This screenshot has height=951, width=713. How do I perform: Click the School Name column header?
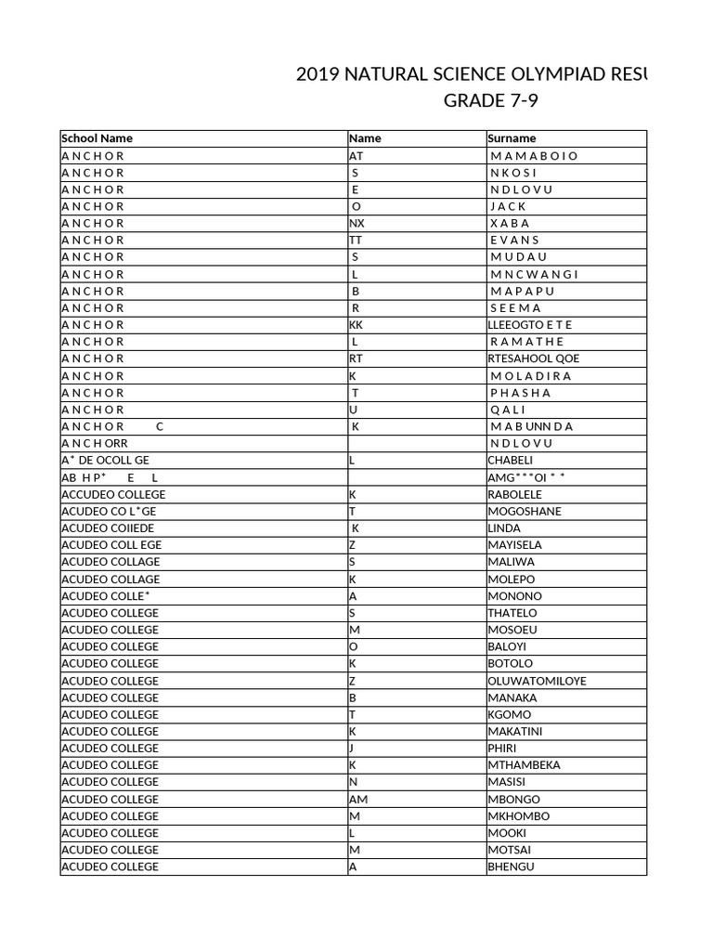[x=97, y=138]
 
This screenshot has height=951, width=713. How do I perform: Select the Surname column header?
[x=512, y=138]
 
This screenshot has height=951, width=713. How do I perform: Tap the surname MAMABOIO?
[x=533, y=156]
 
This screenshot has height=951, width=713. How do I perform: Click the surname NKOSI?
[x=513, y=173]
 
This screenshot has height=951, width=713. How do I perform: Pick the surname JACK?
[x=508, y=206]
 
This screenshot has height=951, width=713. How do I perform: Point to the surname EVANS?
[x=514, y=240]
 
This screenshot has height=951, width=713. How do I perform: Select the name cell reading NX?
[x=357, y=223]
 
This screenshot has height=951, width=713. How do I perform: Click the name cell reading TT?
[x=356, y=240]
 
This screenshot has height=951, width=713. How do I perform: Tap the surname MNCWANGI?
[x=534, y=274]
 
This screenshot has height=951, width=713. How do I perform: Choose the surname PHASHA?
[x=520, y=393]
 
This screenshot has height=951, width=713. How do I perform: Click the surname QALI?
[x=508, y=410]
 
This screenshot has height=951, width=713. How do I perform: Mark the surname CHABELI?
[x=511, y=461]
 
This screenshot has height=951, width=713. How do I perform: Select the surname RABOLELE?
[x=514, y=494]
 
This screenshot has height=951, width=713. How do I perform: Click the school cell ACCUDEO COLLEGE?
[x=113, y=494]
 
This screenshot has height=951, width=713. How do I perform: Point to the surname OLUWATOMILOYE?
[x=537, y=681]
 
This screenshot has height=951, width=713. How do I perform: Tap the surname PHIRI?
[x=502, y=748]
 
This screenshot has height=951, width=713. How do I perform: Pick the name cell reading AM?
[x=358, y=799]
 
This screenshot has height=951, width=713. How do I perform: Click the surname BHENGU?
[x=511, y=866]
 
